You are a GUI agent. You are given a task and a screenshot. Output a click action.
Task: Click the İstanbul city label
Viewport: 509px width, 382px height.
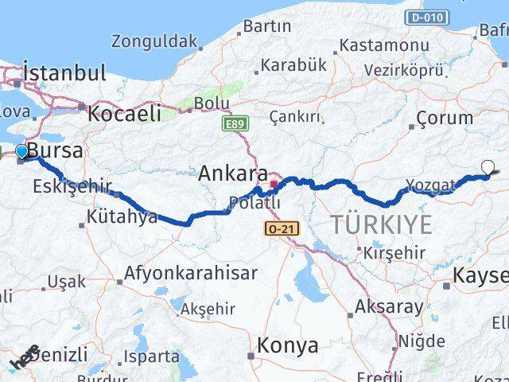(x=64, y=73)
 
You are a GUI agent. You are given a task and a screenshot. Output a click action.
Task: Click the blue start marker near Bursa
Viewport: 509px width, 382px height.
(x=21, y=151)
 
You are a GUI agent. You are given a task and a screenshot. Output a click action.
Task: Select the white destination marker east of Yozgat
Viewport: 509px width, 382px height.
(x=488, y=167)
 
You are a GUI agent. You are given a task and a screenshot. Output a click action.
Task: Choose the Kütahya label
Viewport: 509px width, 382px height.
(x=122, y=216)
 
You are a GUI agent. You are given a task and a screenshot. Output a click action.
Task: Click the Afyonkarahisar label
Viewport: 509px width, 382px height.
(x=190, y=273)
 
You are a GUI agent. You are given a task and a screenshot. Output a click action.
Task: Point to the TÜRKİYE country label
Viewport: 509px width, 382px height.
(x=382, y=225)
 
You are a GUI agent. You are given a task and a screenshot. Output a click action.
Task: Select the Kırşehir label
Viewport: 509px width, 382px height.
(x=394, y=253)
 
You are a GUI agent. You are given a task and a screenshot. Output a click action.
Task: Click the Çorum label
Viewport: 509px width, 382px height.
(x=445, y=117)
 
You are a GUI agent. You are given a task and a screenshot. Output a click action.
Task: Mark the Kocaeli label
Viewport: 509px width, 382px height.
(x=124, y=112)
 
